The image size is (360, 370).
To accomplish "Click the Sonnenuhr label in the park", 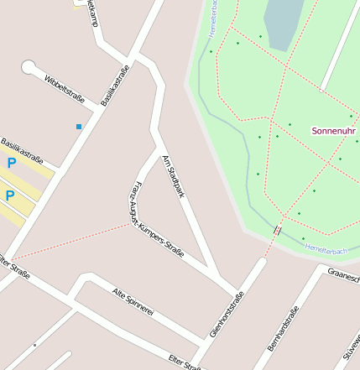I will (x=332, y=131).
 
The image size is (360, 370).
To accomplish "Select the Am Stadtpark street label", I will (x=172, y=175).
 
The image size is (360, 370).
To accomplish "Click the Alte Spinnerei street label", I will (x=133, y=301).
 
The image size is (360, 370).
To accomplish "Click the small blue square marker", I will (x=79, y=127).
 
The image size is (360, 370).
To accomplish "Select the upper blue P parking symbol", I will (x=12, y=163).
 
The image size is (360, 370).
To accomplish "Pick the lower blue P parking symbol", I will (x=10, y=196).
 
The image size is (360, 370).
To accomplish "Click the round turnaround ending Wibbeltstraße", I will (x=29, y=66).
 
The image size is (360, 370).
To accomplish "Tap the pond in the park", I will (x=282, y=23).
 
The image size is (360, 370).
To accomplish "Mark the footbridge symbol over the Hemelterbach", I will (x=277, y=230).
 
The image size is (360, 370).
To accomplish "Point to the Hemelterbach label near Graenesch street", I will (x=326, y=250).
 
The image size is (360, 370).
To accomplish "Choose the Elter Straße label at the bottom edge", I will (x=184, y=362).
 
